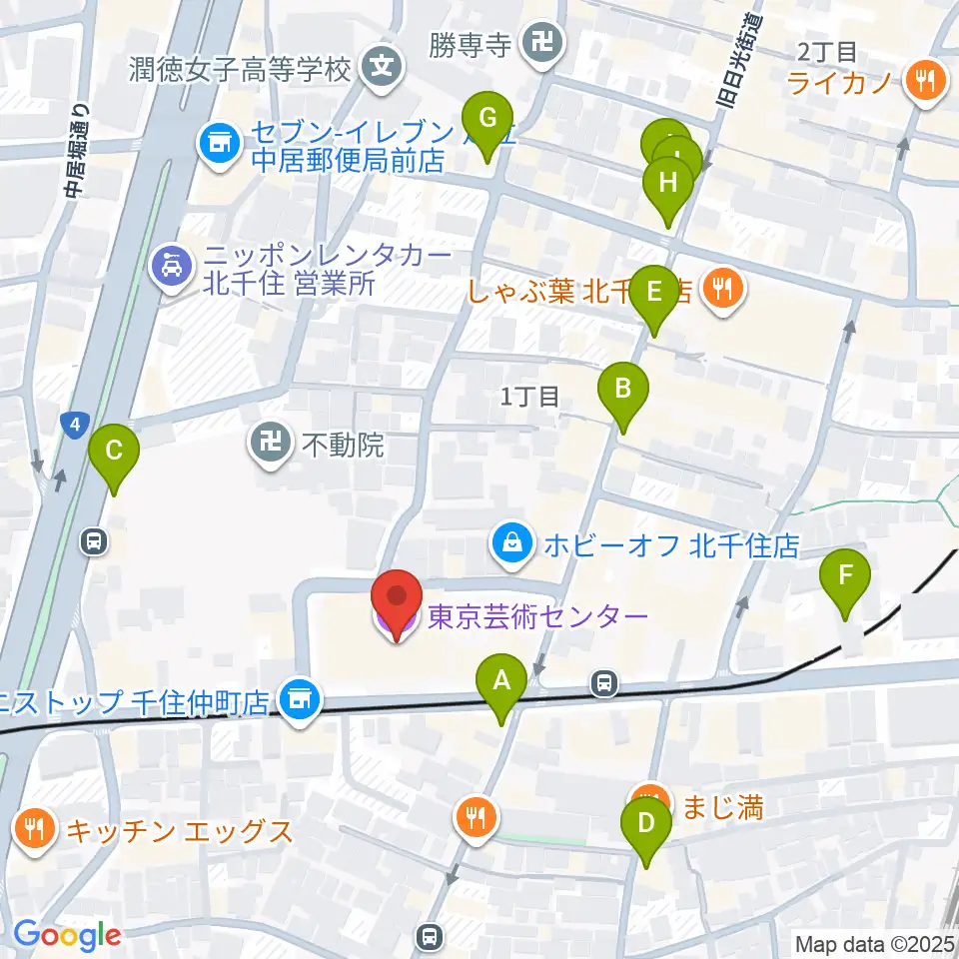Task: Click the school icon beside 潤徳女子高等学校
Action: tap(382, 69)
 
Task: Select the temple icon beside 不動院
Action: tap(270, 444)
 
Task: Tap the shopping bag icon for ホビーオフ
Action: tap(511, 545)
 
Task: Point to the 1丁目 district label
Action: tap(529, 397)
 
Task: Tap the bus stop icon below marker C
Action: tap(93, 542)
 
